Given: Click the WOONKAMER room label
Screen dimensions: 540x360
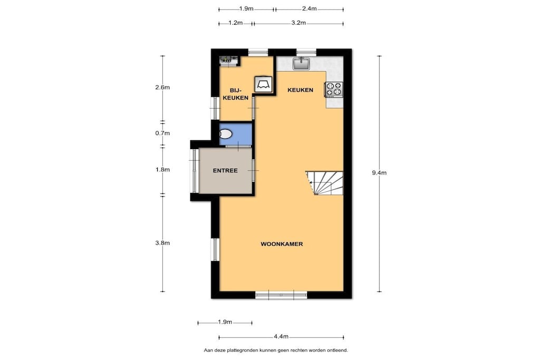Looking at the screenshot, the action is coord(282,244).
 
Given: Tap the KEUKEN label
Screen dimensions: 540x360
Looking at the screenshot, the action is coord(300,90).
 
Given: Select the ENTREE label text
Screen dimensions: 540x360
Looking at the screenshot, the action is coord(225,171).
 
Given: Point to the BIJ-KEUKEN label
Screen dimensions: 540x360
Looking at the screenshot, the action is coord(236,94).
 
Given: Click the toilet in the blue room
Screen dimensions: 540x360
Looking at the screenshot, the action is coord(226,133).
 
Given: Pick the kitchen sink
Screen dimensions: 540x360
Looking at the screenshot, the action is coord(301,63).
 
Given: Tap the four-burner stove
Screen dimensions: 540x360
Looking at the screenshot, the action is coord(334,89).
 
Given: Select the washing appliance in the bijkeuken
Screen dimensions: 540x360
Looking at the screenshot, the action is coord(264,84).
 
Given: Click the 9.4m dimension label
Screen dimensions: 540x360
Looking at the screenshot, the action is coord(379,173).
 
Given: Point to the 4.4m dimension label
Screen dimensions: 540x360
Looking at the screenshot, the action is coord(282,337).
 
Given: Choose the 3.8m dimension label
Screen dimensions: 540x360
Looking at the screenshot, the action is coord(162,243).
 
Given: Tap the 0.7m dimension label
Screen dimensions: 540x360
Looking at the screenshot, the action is coord(162,133).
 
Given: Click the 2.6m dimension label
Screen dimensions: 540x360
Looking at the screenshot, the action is coord(162,87).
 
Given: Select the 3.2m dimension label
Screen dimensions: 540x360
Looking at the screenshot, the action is coord(298,23).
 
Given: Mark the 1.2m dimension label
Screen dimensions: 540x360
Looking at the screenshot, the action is coord(236,23).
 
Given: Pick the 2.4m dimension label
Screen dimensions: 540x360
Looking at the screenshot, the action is coord(309,9).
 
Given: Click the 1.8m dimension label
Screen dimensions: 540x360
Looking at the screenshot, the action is coord(162,170).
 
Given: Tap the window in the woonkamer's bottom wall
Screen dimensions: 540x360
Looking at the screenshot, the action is coord(281,295).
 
